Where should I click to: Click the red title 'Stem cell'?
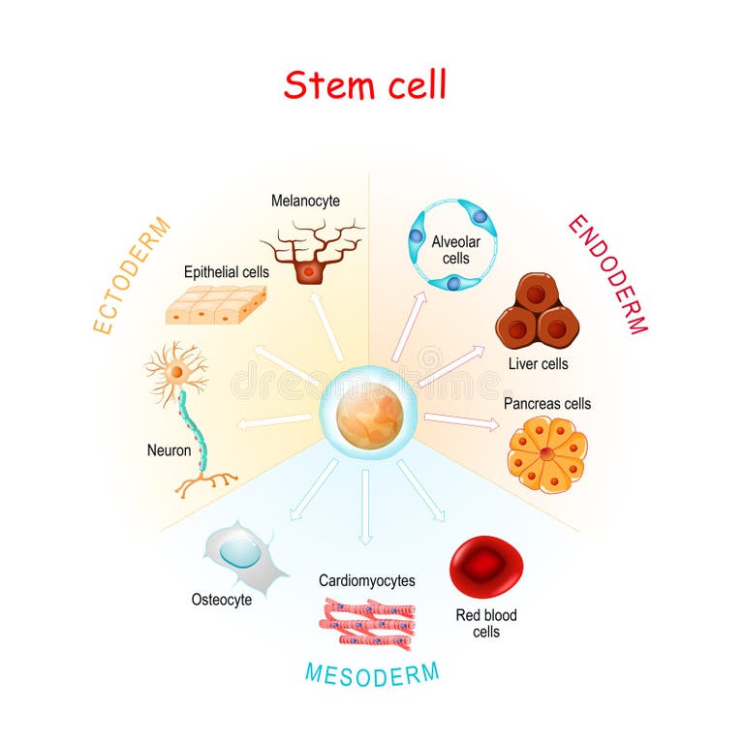click(x=365, y=85)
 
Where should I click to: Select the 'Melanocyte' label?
click(x=305, y=201)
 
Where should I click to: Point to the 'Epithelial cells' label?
click(x=227, y=272)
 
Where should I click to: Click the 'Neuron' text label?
click(x=169, y=449)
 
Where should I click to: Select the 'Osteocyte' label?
click(x=221, y=600)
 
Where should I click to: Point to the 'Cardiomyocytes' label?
click(x=367, y=580)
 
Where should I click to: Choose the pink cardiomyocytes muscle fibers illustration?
click(x=369, y=623)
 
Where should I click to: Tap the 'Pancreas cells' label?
click(x=546, y=403)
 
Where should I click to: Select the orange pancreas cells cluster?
click(x=547, y=453)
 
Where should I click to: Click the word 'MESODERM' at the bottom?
click(x=371, y=672)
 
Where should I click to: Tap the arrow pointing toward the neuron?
click(x=274, y=421)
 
